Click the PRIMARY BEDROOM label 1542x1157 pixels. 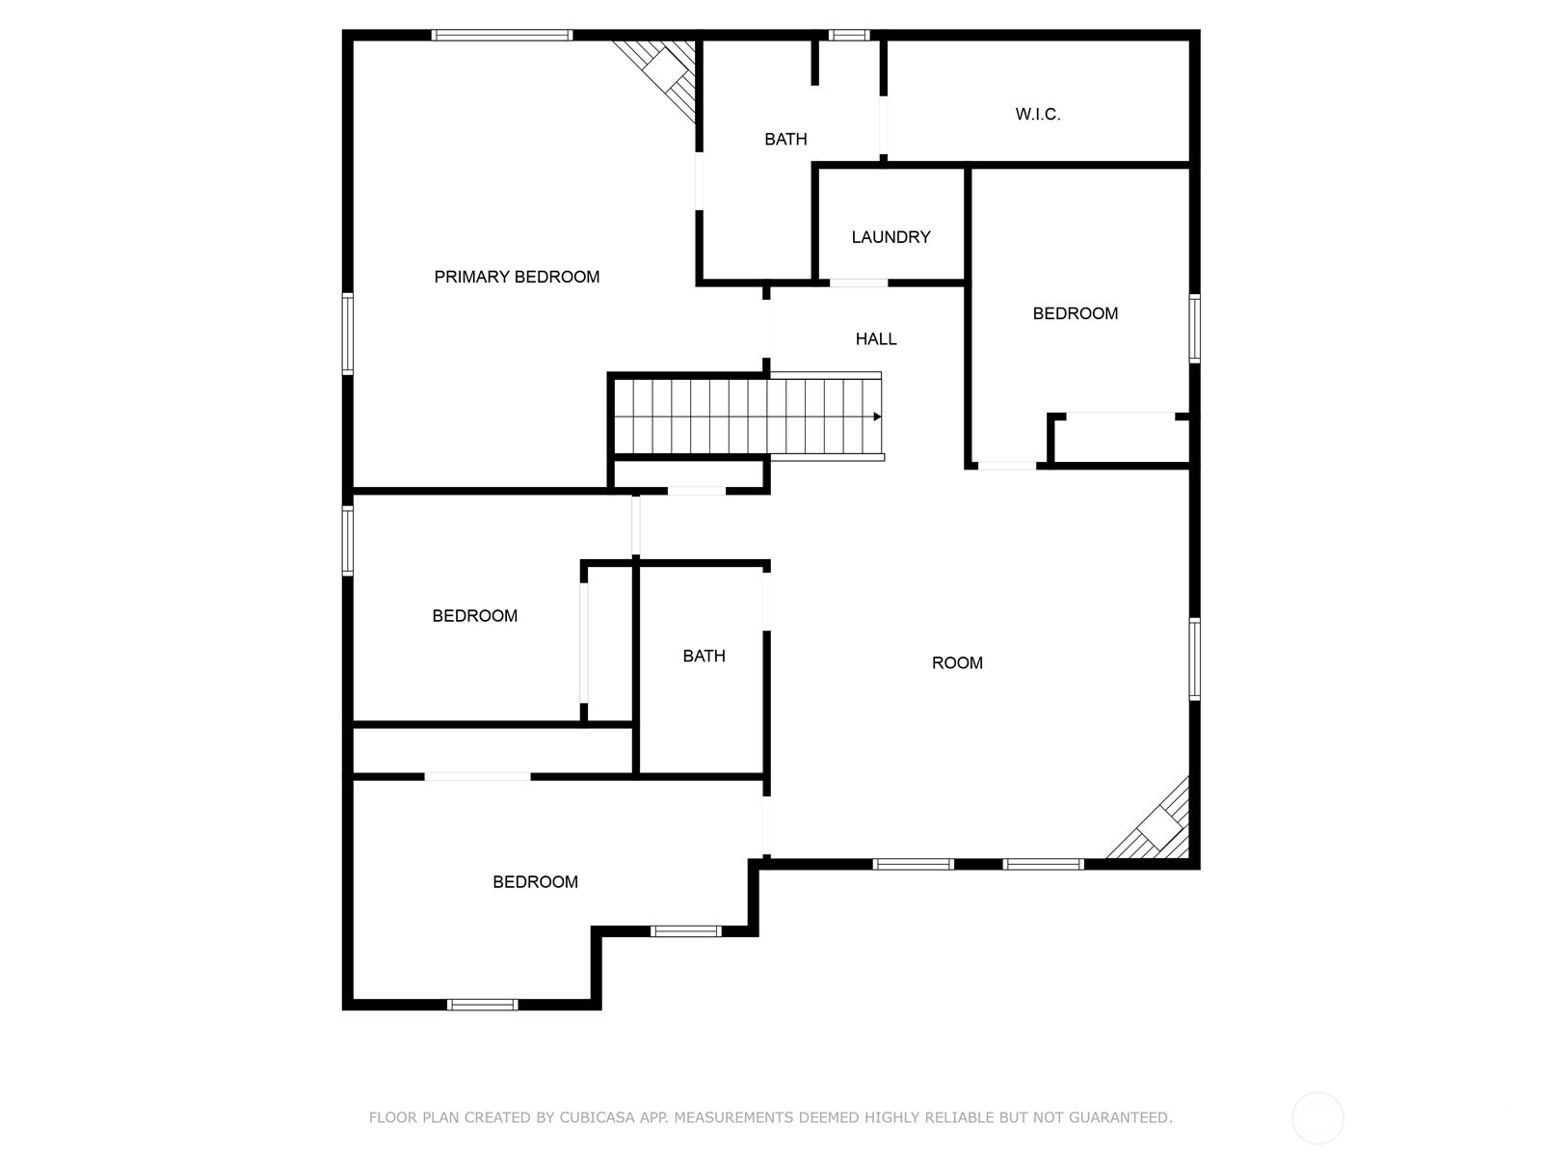(x=517, y=277)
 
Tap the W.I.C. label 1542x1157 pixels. (x=1037, y=114)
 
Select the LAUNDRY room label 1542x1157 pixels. (x=891, y=237)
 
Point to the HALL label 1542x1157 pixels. (x=876, y=338)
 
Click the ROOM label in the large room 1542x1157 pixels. (x=957, y=662)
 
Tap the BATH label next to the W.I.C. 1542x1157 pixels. (x=785, y=139)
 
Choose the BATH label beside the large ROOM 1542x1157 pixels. (x=704, y=656)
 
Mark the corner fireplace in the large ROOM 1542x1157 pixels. (x=1159, y=825)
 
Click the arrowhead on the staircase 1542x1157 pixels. (x=877, y=417)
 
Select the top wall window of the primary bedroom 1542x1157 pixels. (x=502, y=36)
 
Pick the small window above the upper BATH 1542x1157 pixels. (x=849, y=36)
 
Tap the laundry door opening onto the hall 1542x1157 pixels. (x=859, y=283)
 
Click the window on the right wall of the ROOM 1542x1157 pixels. (x=1194, y=659)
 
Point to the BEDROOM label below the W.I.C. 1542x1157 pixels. (x=1075, y=313)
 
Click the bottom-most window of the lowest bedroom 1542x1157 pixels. (x=482, y=1005)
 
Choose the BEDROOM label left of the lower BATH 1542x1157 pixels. (x=474, y=616)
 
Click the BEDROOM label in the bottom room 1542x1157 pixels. (x=535, y=882)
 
